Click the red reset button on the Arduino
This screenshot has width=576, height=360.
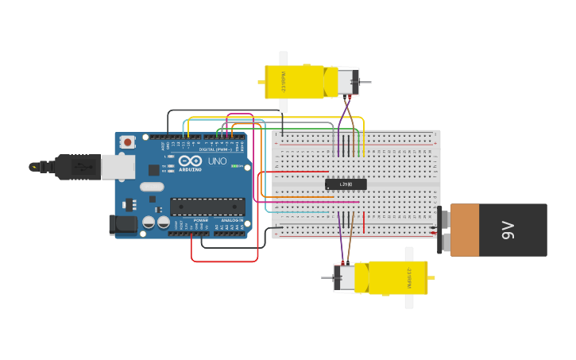point(127,142)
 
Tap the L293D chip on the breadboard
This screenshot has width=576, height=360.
point(346,184)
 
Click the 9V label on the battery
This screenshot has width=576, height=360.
point(508,230)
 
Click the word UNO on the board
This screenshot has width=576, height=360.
point(217,161)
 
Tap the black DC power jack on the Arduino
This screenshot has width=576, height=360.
point(123,225)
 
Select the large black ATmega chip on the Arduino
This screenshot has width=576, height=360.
point(207,207)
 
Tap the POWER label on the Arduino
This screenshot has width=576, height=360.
point(200,220)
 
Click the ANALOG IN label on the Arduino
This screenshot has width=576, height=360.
point(232,220)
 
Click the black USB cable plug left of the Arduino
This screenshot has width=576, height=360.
point(75,167)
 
